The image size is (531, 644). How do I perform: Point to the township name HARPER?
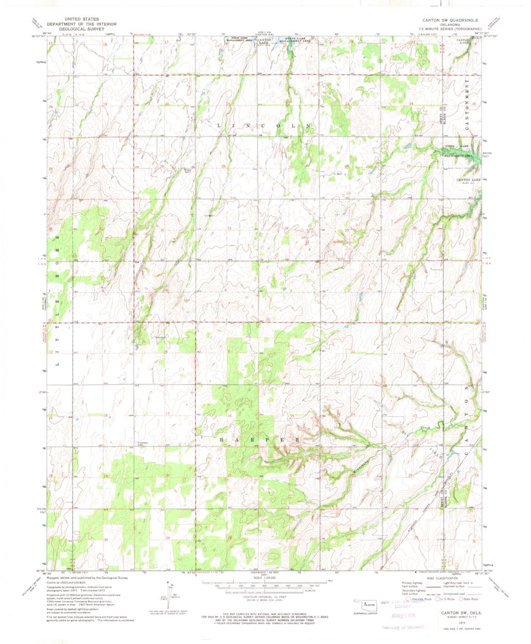point(261,441)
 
